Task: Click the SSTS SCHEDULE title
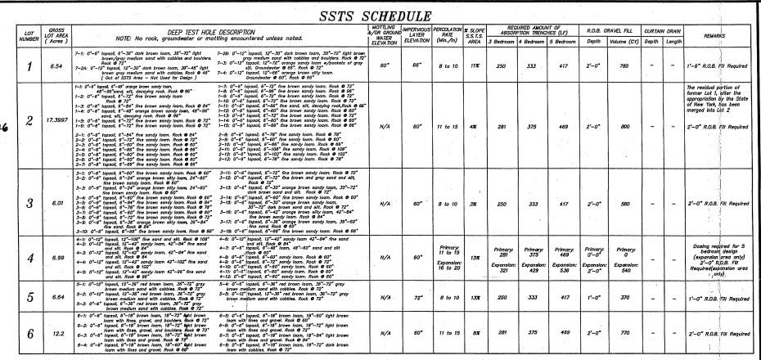tap(380, 16)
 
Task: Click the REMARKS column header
tap(710, 36)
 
